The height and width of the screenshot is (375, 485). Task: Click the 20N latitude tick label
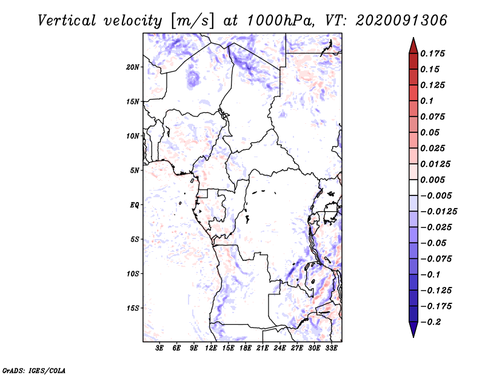(133, 67)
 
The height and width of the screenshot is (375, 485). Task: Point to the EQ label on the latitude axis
(134, 205)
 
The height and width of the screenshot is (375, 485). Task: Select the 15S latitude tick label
(133, 308)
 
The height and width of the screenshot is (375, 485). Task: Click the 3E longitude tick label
(160, 348)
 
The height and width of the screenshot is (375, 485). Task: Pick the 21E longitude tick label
(263, 348)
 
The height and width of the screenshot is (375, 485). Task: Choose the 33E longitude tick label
(332, 348)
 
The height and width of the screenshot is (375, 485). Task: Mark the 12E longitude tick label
(212, 348)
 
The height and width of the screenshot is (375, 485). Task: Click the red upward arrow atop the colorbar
(413, 44)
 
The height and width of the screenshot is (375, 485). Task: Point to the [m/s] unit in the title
(192, 21)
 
